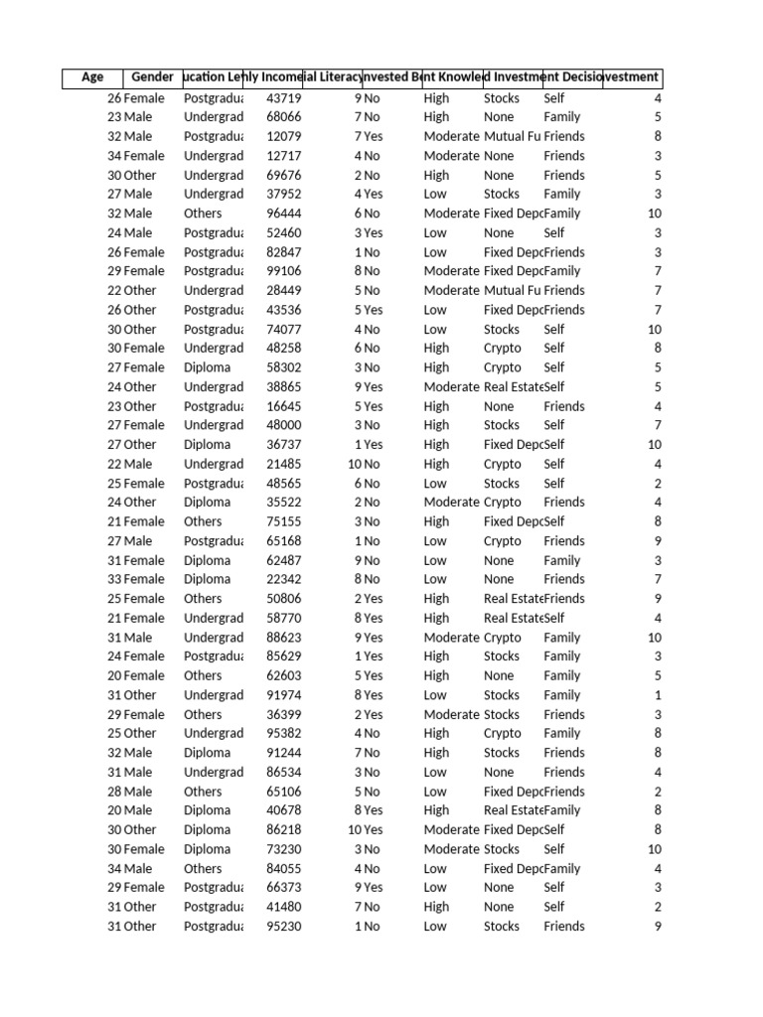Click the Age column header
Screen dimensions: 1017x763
pos(92,77)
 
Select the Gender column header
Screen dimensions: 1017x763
pos(152,77)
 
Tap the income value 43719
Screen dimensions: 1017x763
pos(284,98)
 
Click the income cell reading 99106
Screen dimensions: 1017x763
pos(284,271)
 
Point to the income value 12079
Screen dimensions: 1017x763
pos(284,136)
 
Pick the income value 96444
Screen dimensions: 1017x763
pos(284,214)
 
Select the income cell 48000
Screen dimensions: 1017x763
pos(284,425)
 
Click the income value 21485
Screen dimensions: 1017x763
pos(284,464)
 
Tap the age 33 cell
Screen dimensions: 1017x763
pos(114,579)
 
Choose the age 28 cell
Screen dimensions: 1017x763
pos(114,792)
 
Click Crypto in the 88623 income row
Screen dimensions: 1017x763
pos(502,638)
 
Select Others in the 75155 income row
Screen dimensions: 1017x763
pos(203,521)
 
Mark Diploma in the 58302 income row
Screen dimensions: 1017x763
pos(207,367)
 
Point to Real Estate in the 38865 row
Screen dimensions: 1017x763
pos(513,386)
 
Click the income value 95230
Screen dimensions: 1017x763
pos(284,926)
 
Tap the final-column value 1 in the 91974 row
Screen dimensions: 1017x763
pos(657,695)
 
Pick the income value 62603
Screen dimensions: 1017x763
pos(284,675)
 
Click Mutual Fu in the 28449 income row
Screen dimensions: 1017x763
pos(512,290)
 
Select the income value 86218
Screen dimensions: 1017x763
pos(284,829)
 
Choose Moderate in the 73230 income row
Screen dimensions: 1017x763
pos(451,849)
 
